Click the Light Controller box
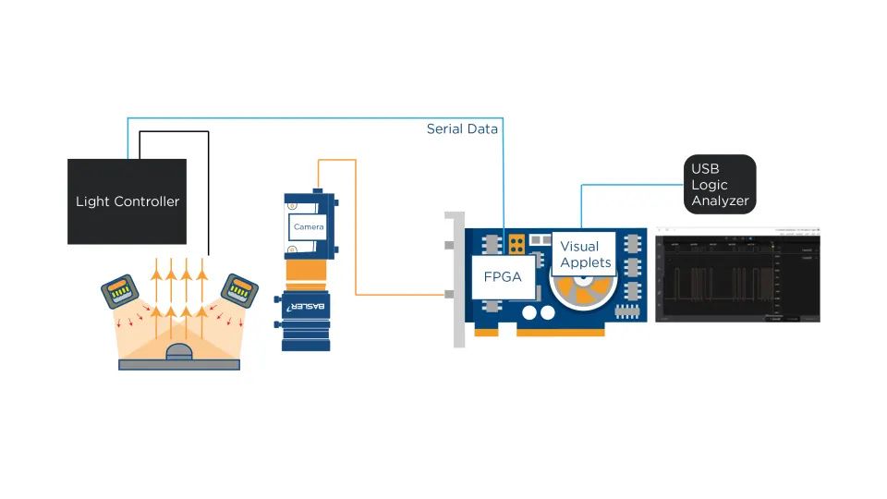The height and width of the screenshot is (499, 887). click(x=127, y=201)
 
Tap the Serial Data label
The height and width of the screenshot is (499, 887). click(x=462, y=129)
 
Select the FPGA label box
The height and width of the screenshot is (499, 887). click(x=504, y=275)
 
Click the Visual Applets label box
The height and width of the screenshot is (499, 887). click(x=586, y=254)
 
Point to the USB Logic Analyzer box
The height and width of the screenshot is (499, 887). click(x=720, y=184)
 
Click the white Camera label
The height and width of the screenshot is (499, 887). click(x=309, y=226)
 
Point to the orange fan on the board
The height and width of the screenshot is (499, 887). click(x=581, y=294)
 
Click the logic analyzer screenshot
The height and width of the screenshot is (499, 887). click(x=737, y=274)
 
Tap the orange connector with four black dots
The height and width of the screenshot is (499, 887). click(x=516, y=244)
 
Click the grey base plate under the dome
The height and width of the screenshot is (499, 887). click(x=179, y=364)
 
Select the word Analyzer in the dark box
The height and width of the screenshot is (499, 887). click(x=720, y=201)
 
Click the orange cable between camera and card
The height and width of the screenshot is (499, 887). click(x=357, y=259)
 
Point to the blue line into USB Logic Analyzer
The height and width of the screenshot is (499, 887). click(x=628, y=185)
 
